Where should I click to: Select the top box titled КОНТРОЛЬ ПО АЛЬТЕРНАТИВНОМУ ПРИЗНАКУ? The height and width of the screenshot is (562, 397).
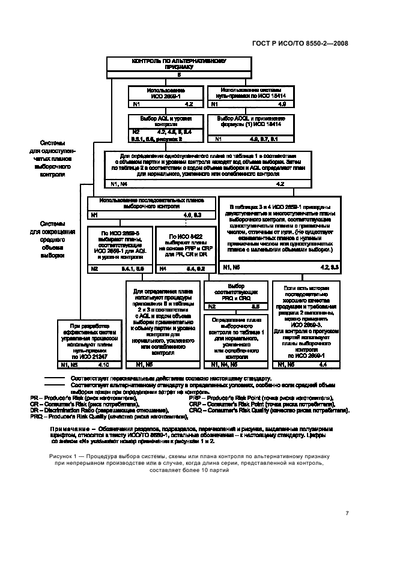(x=169, y=65)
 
